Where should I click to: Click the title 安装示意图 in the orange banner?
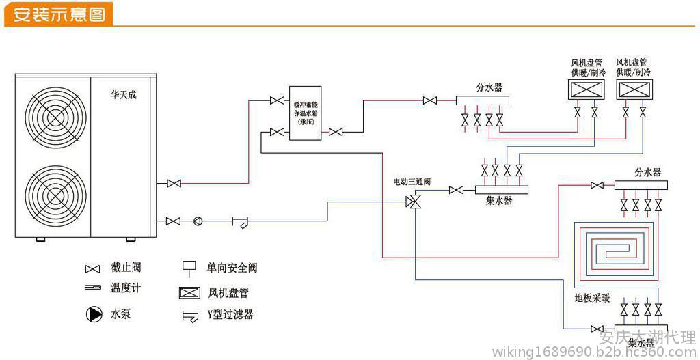pyautogui.click(x=59, y=14)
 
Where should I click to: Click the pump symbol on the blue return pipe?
pyautogui.click(x=198, y=221)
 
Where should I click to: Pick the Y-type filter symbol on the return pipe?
pyautogui.click(x=240, y=221)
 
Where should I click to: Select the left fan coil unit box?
pyautogui.click(x=587, y=89)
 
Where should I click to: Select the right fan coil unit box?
pyautogui.click(x=634, y=89)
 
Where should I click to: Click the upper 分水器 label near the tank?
pyautogui.click(x=489, y=87)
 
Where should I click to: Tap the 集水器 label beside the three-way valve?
pyautogui.click(x=499, y=201)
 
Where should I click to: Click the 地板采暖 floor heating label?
pyautogui.click(x=592, y=299)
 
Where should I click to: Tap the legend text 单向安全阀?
pyautogui.click(x=232, y=268)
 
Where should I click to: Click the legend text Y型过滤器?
pyautogui.click(x=230, y=315)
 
